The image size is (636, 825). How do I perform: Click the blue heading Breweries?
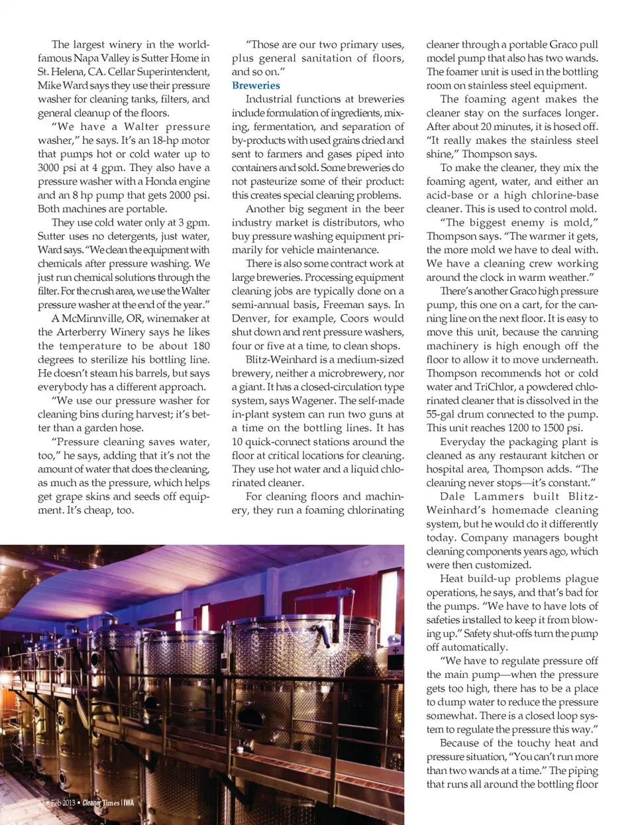pyautogui.click(x=256, y=85)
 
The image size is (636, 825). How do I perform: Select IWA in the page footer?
pyautogui.click(x=129, y=802)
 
